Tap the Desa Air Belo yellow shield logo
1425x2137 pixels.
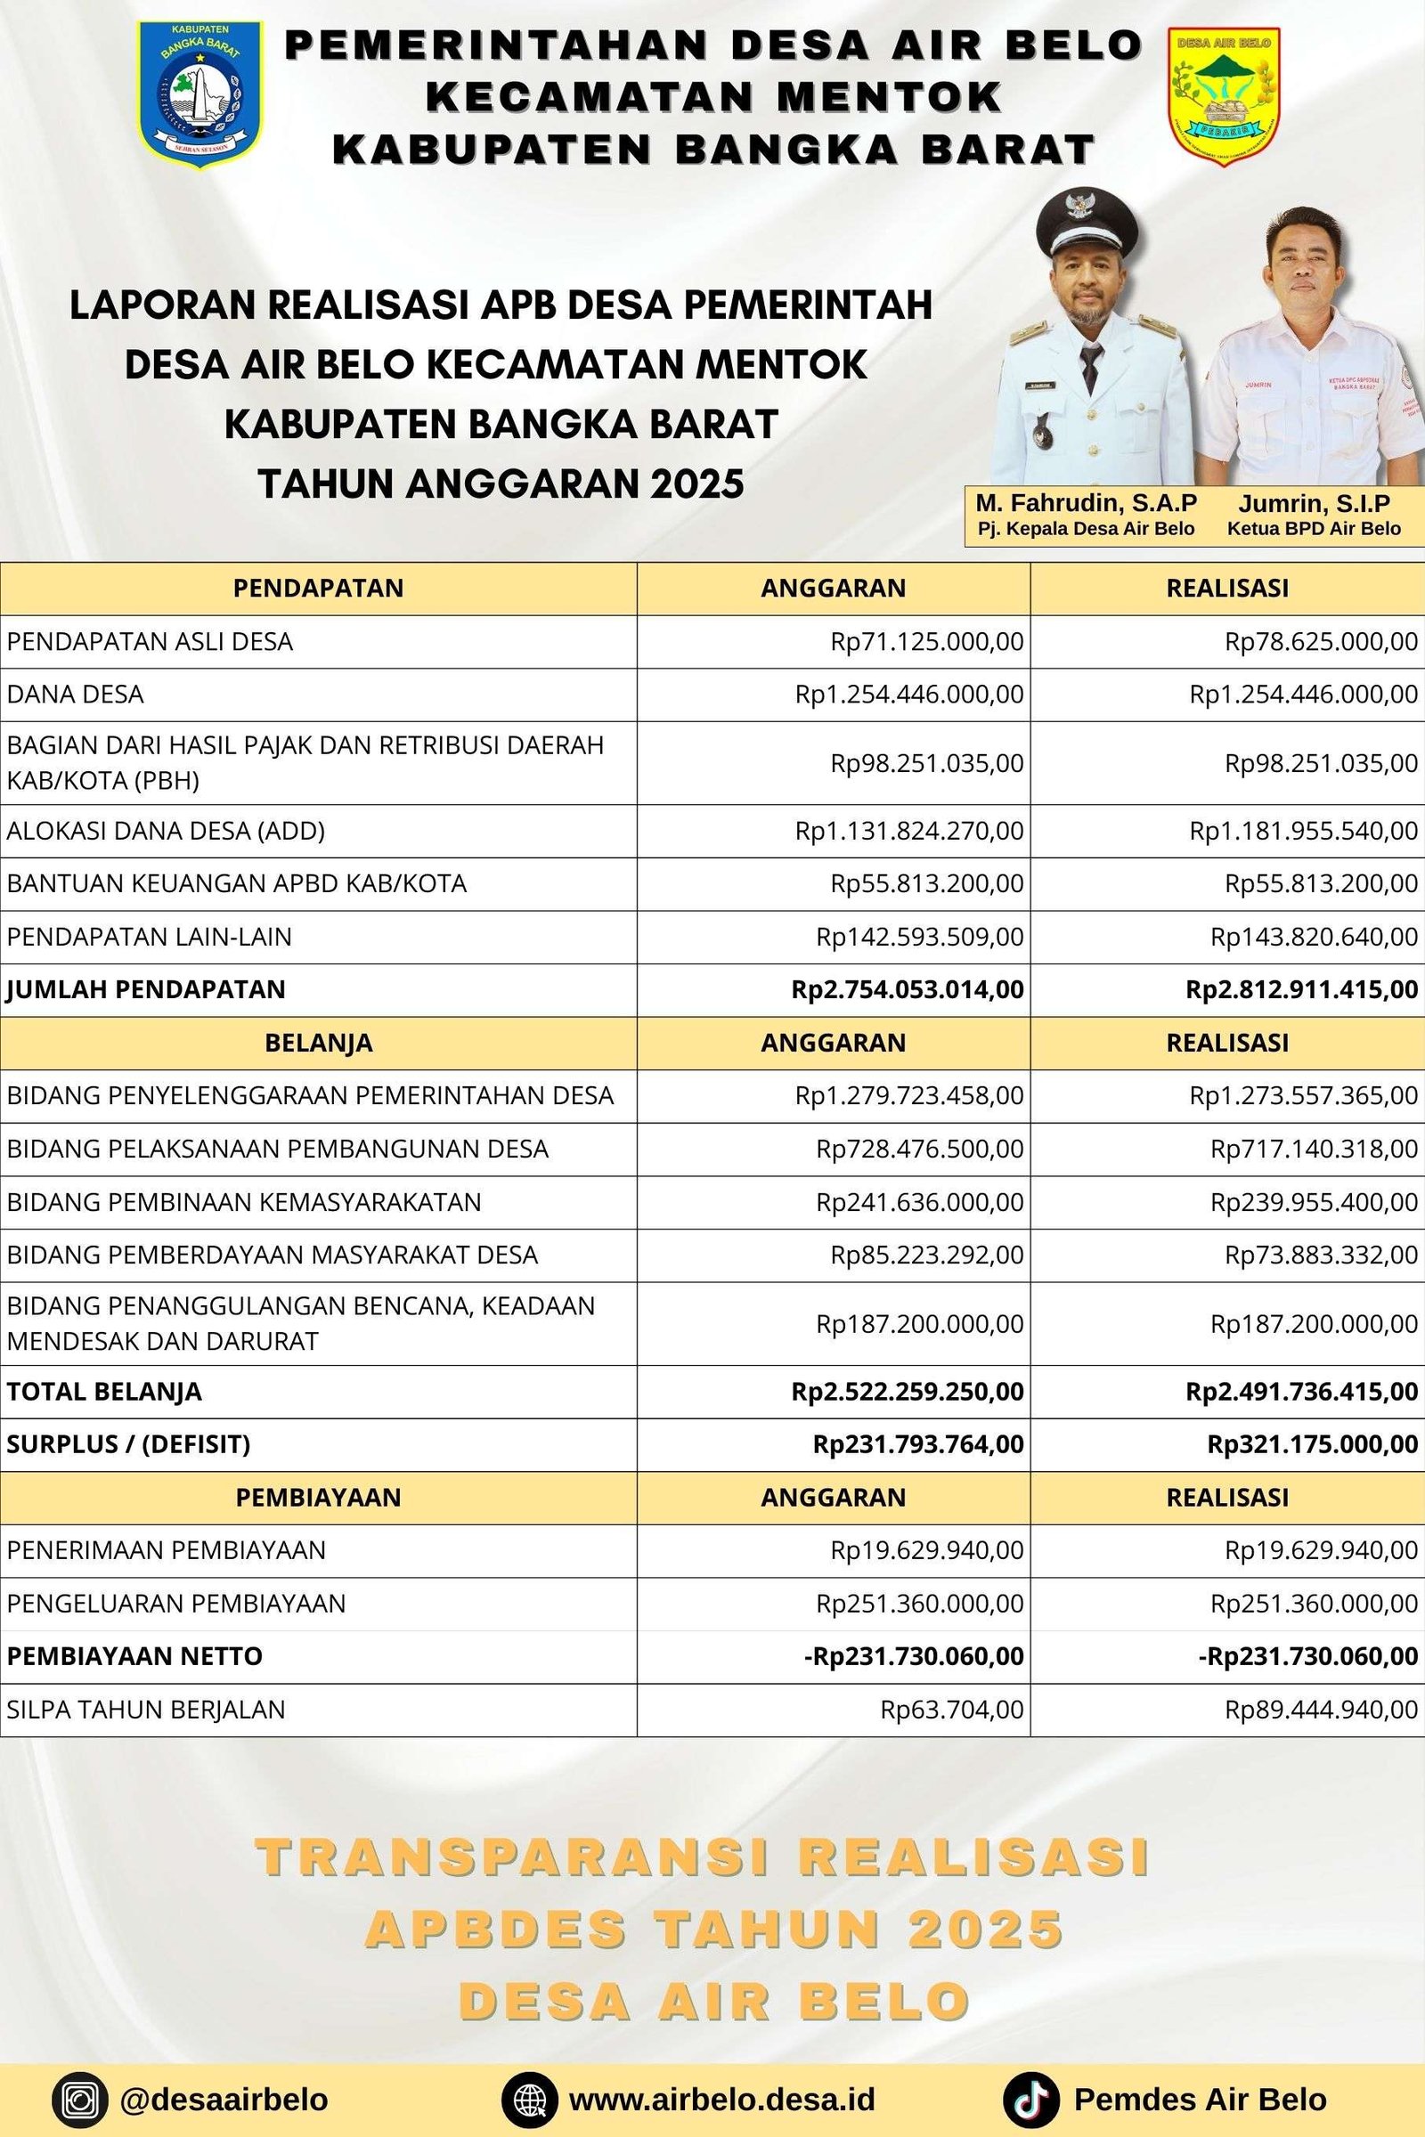pyautogui.click(x=1223, y=95)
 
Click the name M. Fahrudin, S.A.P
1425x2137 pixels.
pyautogui.click(x=1086, y=503)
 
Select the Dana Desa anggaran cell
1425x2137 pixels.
pyautogui.click(x=908, y=695)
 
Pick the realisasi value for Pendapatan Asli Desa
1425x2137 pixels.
pyautogui.click(x=1321, y=641)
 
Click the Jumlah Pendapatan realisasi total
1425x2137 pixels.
pyautogui.click(x=1301, y=989)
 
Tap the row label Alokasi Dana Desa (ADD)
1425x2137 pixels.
pyautogui.click(x=166, y=831)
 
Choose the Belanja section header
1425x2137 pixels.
pyautogui.click(x=318, y=1042)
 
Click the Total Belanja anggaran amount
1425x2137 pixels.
pyautogui.click(x=907, y=1391)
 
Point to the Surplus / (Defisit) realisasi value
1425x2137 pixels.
pyautogui.click(x=1311, y=1443)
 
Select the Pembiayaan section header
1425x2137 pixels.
pyautogui.click(x=318, y=1498)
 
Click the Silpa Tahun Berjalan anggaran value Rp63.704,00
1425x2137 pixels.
pyautogui.click(x=951, y=1709)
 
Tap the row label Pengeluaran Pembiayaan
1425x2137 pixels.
pyautogui.click(x=176, y=1603)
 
